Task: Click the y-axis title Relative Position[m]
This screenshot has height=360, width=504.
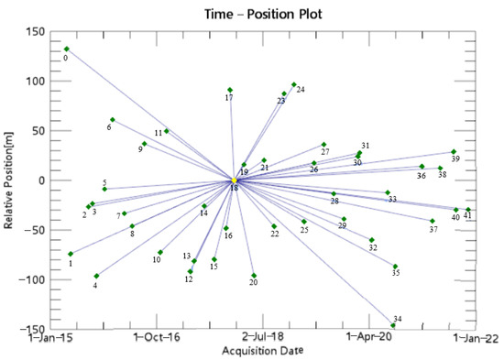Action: click(x=10, y=180)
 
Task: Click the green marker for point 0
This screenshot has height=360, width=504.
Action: click(x=67, y=49)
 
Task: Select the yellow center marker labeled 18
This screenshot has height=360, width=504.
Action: click(x=235, y=180)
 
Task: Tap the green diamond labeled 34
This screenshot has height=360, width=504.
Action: click(x=393, y=325)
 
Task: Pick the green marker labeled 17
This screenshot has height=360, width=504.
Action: click(x=230, y=90)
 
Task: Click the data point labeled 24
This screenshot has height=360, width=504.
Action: click(x=294, y=84)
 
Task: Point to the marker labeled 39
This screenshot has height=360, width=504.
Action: click(x=453, y=152)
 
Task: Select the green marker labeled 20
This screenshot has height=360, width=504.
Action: click(x=254, y=276)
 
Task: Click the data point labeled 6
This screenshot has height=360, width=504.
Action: click(x=113, y=120)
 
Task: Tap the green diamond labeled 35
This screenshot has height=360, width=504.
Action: click(x=395, y=267)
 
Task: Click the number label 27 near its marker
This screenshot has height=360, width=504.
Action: click(x=325, y=152)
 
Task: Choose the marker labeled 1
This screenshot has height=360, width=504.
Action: click(x=71, y=254)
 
